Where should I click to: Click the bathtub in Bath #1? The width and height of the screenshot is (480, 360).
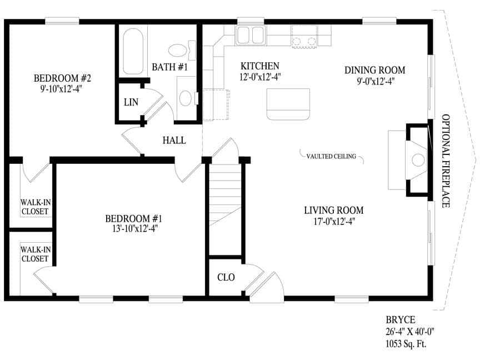point(133,52)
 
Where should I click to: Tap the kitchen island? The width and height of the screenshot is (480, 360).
point(288,104)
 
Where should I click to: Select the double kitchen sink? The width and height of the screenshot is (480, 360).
point(251,35)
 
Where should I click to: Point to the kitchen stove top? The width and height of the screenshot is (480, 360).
point(304,37)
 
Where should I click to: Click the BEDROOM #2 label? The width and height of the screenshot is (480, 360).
point(62,78)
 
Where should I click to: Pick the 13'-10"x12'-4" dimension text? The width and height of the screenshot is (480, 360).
point(134,228)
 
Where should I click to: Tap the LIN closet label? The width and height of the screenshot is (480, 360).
point(131,102)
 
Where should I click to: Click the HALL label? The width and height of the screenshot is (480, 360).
point(174,140)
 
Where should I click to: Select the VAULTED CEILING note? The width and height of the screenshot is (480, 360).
point(331,156)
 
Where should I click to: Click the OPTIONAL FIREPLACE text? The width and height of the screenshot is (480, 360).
point(446,161)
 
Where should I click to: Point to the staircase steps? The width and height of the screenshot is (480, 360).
point(224,196)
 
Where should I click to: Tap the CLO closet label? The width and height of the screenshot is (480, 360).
point(226,277)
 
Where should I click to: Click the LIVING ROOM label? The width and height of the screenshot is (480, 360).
point(334,211)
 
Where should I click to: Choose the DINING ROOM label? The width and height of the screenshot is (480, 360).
point(374,70)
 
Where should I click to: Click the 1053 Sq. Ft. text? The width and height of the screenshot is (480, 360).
point(406,344)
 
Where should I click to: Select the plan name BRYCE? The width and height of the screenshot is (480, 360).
point(401,320)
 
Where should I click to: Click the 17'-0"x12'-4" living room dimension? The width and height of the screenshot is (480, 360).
point(334,221)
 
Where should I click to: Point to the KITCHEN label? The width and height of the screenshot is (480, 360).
point(259,66)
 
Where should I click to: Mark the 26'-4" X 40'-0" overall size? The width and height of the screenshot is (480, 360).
point(410,332)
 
